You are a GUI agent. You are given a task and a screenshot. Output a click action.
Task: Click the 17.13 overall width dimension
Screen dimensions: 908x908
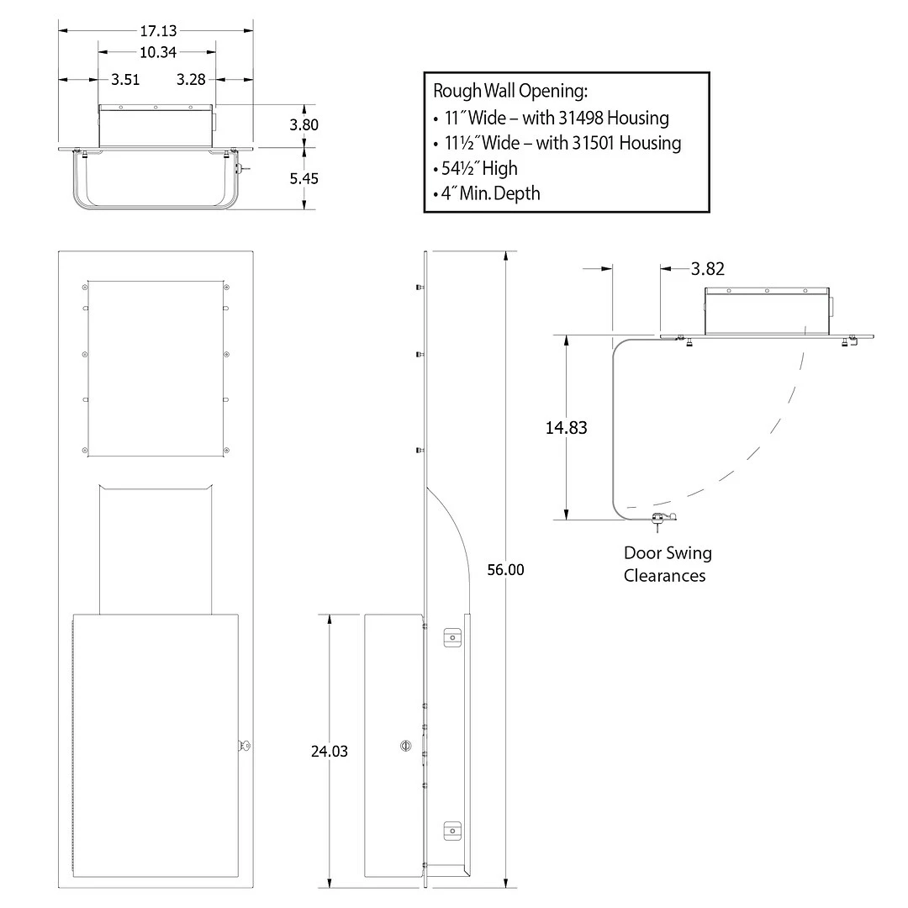pos(158,31)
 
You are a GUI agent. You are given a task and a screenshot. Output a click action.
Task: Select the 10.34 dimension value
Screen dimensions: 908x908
pos(158,52)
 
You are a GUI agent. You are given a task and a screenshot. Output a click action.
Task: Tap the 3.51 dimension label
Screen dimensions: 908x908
pos(125,79)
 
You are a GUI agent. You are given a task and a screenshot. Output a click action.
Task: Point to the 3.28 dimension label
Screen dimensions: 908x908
pos(191,79)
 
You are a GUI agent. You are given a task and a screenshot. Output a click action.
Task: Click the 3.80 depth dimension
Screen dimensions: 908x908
pos(304,124)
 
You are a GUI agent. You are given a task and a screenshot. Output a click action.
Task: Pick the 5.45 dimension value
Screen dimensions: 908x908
pos(304,178)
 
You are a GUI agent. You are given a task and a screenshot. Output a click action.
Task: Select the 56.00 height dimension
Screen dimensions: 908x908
pos(505,570)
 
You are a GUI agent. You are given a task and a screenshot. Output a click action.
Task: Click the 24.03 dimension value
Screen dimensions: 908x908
pos(330,751)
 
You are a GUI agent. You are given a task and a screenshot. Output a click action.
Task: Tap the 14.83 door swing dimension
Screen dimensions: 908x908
pos(567,427)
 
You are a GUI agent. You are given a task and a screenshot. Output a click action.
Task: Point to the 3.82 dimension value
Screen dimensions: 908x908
pos(708,269)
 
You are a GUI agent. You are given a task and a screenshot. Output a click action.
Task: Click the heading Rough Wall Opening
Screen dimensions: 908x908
pos(511,91)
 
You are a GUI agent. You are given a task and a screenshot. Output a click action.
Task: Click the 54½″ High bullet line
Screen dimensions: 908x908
pos(475,168)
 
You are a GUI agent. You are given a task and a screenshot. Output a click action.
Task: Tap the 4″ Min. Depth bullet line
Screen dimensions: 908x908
pos(487,193)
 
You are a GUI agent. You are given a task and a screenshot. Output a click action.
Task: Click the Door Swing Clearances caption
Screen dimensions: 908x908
pos(668,564)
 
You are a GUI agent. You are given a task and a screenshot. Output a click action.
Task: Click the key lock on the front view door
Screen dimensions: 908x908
pos(245,746)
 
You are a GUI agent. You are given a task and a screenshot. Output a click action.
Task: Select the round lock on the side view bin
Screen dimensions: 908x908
pos(406,746)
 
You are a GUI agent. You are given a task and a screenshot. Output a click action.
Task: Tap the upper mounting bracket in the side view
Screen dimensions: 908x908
pos(452,637)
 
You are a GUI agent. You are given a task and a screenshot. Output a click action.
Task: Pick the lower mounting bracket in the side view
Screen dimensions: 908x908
pos(452,831)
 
